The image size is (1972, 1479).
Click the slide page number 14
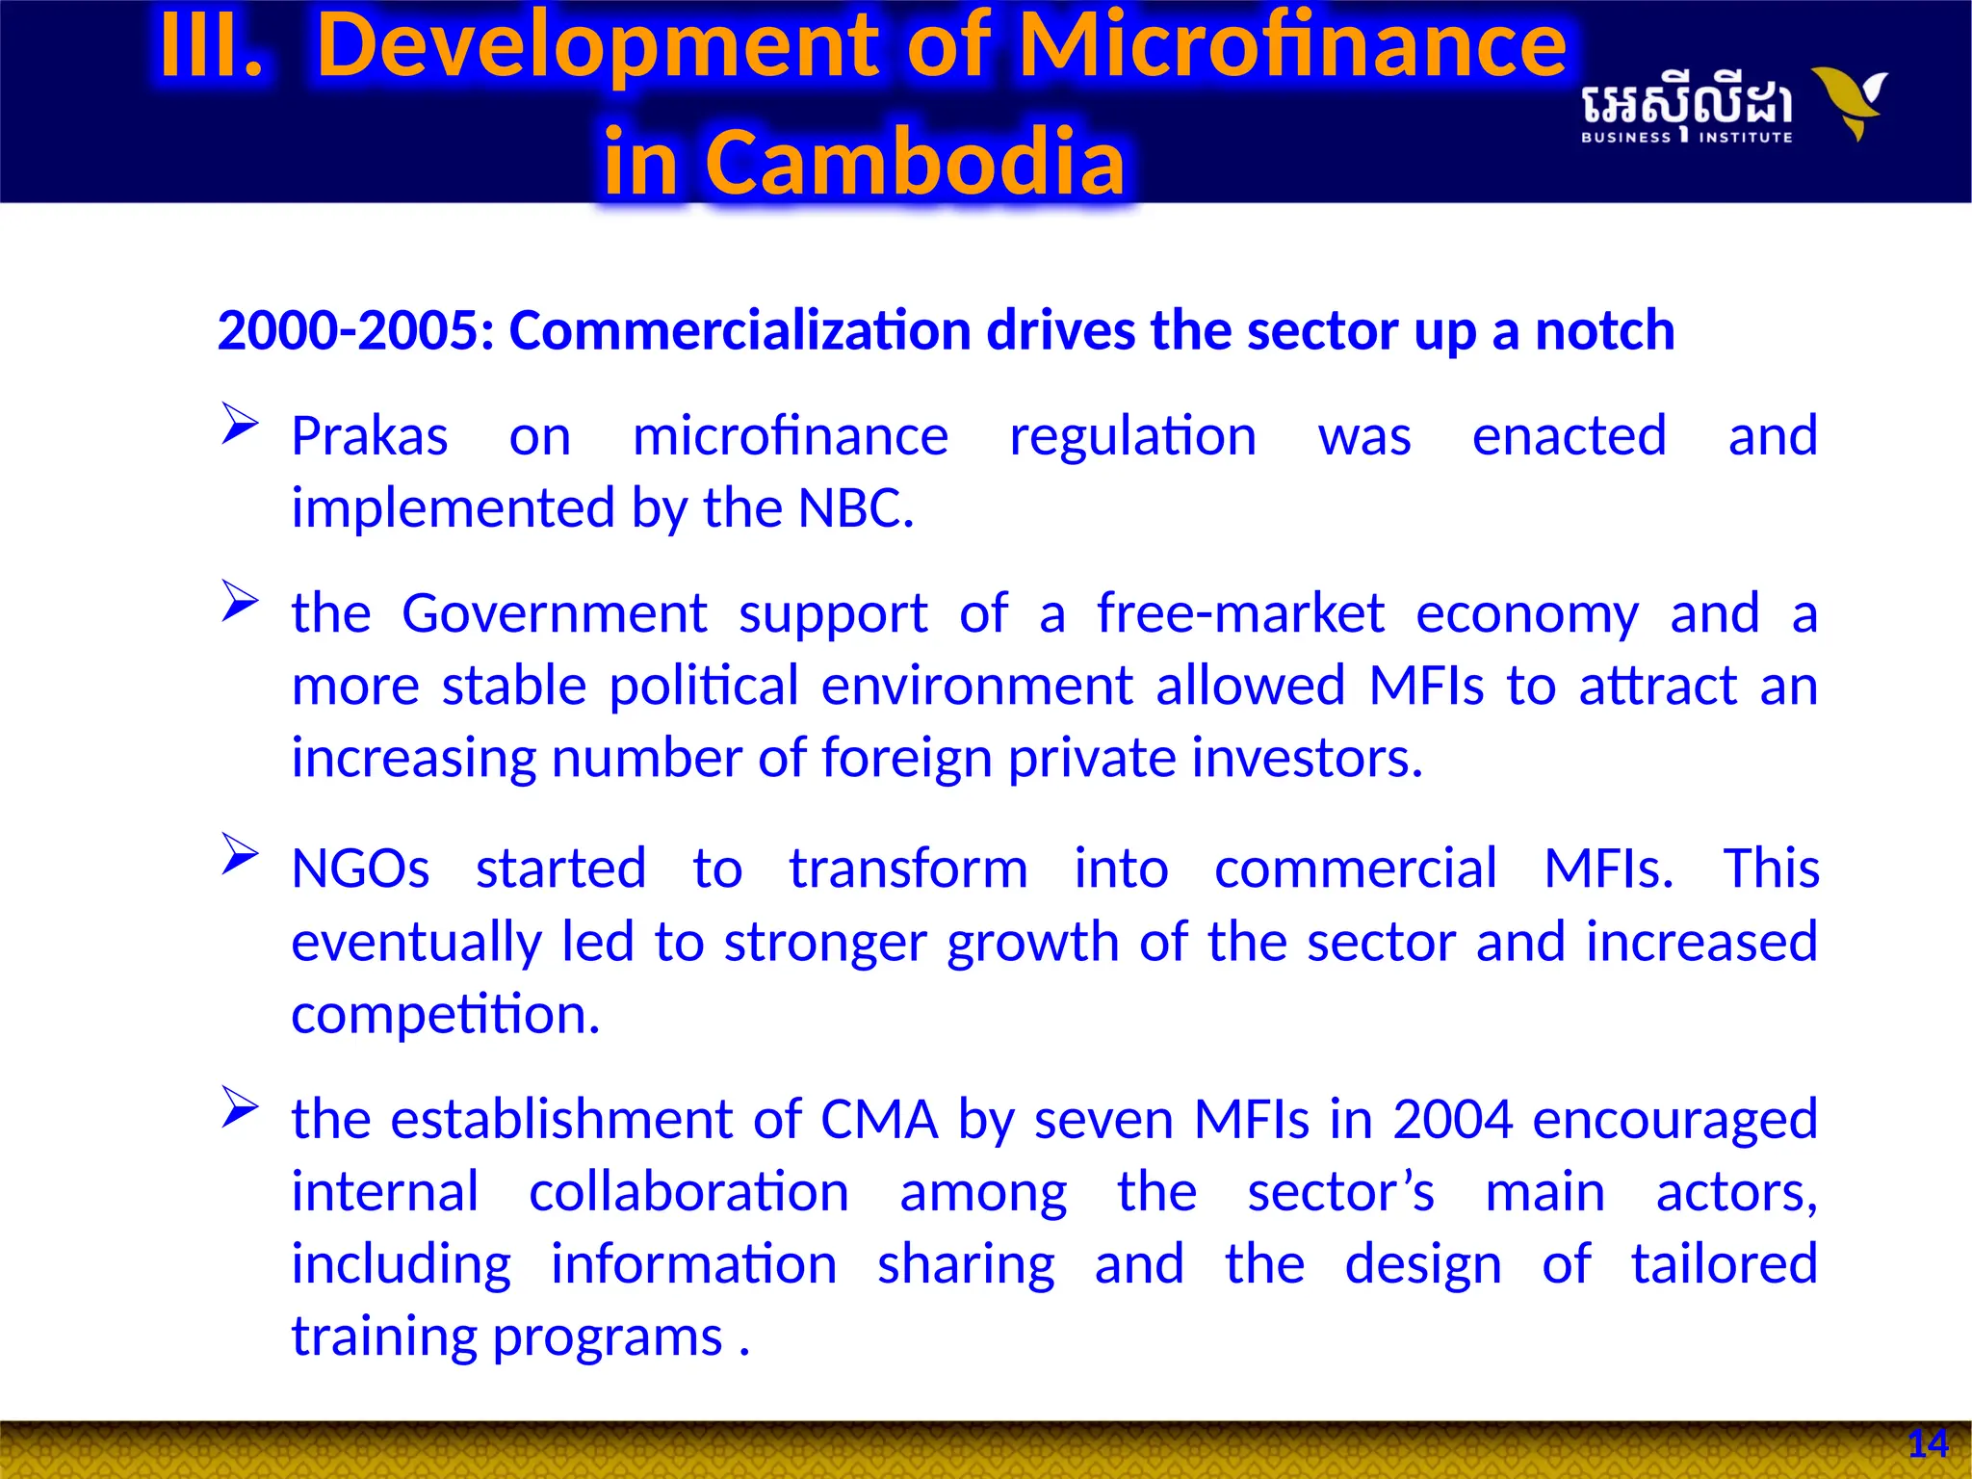(1928, 1444)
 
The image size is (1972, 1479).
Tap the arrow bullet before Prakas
(239, 424)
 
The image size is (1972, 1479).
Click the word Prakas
(370, 437)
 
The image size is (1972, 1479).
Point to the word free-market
(1240, 613)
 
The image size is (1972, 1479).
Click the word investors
(1306, 758)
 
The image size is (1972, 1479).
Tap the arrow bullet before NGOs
(239, 854)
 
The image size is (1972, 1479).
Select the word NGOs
(360, 869)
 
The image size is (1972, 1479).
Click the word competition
(445, 1015)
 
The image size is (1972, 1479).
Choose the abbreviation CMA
(878, 1120)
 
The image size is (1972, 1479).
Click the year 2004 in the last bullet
(1452, 1120)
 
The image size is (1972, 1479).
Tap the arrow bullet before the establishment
(239, 1106)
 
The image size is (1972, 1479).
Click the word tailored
(1724, 1264)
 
